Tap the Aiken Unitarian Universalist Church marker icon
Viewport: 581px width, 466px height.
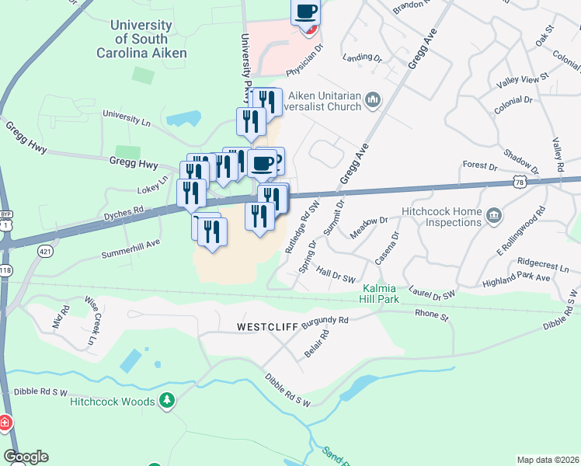tap(374, 99)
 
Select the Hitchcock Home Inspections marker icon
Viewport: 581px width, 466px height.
tap(493, 215)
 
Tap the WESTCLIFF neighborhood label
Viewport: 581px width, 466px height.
tap(267, 328)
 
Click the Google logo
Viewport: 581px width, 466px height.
tap(26, 457)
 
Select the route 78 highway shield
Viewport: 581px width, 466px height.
tap(520, 182)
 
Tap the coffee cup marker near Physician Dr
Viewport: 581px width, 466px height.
tap(306, 12)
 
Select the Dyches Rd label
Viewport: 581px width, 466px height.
tap(124, 211)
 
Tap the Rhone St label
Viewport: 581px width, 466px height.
tap(432, 315)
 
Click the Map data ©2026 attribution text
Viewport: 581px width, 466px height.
tap(547, 460)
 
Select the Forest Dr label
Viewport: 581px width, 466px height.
tap(479, 165)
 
